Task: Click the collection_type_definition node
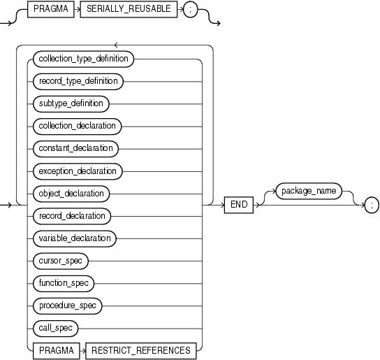tap(82, 59)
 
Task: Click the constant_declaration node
tap(75, 149)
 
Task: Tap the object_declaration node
tap(71, 194)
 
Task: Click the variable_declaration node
tap(74, 238)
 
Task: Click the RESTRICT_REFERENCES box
tap(140, 350)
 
